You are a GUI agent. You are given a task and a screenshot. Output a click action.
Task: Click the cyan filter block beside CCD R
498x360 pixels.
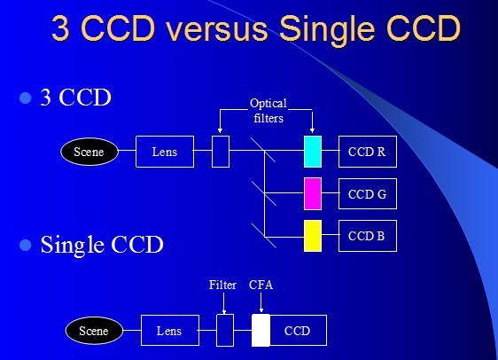pos(313,152)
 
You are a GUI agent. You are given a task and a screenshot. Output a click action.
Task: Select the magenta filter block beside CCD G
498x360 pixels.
pos(313,193)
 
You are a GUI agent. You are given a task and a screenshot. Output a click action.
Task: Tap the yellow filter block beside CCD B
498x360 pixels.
pos(313,236)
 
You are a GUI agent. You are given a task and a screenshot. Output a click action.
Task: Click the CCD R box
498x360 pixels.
pos(368,152)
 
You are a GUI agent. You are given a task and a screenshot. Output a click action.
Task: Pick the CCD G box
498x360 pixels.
pos(368,194)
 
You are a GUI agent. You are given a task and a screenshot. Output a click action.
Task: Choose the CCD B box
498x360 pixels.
pos(368,236)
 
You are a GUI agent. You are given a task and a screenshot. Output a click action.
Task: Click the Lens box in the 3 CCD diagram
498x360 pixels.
pos(165,152)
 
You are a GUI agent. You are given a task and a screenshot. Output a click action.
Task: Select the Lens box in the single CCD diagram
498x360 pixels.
pos(170,330)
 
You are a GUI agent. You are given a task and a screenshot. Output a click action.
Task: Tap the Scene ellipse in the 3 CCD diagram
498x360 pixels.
pos(89,152)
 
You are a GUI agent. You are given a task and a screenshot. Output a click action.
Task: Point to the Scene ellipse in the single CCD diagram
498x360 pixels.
pos(94,331)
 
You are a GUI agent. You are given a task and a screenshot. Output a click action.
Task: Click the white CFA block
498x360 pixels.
pos(261,331)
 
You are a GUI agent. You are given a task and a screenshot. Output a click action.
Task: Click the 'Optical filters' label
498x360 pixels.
pos(268,111)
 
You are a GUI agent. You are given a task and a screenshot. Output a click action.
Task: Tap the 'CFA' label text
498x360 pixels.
pos(261,285)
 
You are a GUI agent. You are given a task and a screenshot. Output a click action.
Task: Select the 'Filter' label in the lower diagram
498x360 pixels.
pos(222,285)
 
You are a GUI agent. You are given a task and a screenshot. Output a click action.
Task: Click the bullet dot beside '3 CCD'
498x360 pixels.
pos(26,98)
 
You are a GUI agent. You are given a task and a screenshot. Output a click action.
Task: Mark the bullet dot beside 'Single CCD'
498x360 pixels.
pos(26,245)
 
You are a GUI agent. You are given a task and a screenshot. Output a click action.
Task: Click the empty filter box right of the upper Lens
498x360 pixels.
pos(221,152)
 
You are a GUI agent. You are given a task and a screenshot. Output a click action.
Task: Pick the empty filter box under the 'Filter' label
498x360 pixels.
pos(225,330)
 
